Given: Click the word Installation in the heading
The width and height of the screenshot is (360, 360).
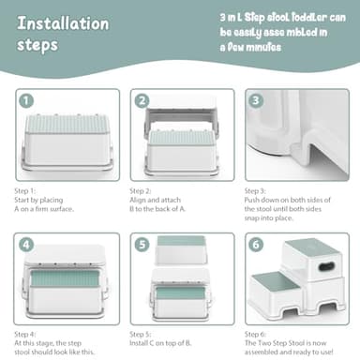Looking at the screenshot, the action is point(63,23).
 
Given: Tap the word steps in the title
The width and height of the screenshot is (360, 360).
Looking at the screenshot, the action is point(37,45).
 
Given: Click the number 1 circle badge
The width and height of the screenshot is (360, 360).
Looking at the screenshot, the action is point(26,100).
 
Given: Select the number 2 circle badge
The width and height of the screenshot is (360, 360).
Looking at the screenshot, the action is point(142,100).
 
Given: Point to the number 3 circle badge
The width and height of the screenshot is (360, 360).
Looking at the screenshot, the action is point(256,100).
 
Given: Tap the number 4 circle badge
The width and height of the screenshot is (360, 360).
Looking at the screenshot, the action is point(26,245).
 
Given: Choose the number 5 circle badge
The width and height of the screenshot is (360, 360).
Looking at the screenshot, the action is point(142,245).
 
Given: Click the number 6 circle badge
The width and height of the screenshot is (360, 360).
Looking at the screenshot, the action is point(256,245).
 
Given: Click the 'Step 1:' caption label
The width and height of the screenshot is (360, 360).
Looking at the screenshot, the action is point(25,190).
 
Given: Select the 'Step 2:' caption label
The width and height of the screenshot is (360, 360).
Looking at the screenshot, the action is point(141,190).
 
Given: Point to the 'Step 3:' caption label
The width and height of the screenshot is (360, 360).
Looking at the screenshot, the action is point(255,190).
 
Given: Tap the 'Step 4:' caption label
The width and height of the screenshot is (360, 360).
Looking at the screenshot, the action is point(25,334).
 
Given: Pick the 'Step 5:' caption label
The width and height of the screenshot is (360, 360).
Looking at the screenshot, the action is point(141,334).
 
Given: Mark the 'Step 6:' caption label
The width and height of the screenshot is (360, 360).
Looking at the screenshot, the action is point(255,334).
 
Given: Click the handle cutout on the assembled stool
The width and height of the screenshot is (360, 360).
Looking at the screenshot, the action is point(326,266).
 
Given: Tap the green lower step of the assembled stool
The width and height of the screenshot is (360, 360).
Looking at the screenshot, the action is point(273,284).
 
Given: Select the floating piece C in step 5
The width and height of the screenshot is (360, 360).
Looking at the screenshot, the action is point(181,250).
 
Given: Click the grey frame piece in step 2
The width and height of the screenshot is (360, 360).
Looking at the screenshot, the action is point(181,116).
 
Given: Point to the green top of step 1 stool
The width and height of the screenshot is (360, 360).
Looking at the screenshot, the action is point(67,124).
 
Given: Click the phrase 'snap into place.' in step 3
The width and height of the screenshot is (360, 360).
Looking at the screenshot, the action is point(268,217).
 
